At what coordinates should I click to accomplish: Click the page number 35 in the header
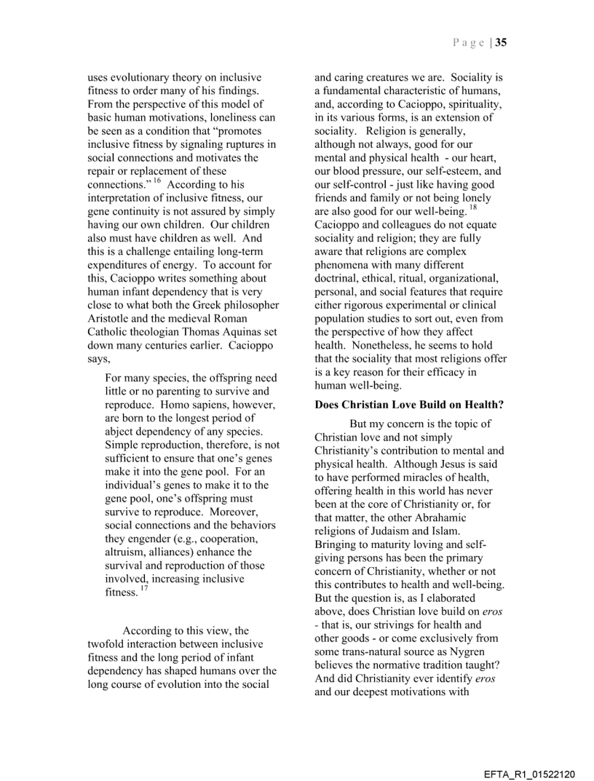(502, 42)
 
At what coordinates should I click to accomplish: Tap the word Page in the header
(469, 42)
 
